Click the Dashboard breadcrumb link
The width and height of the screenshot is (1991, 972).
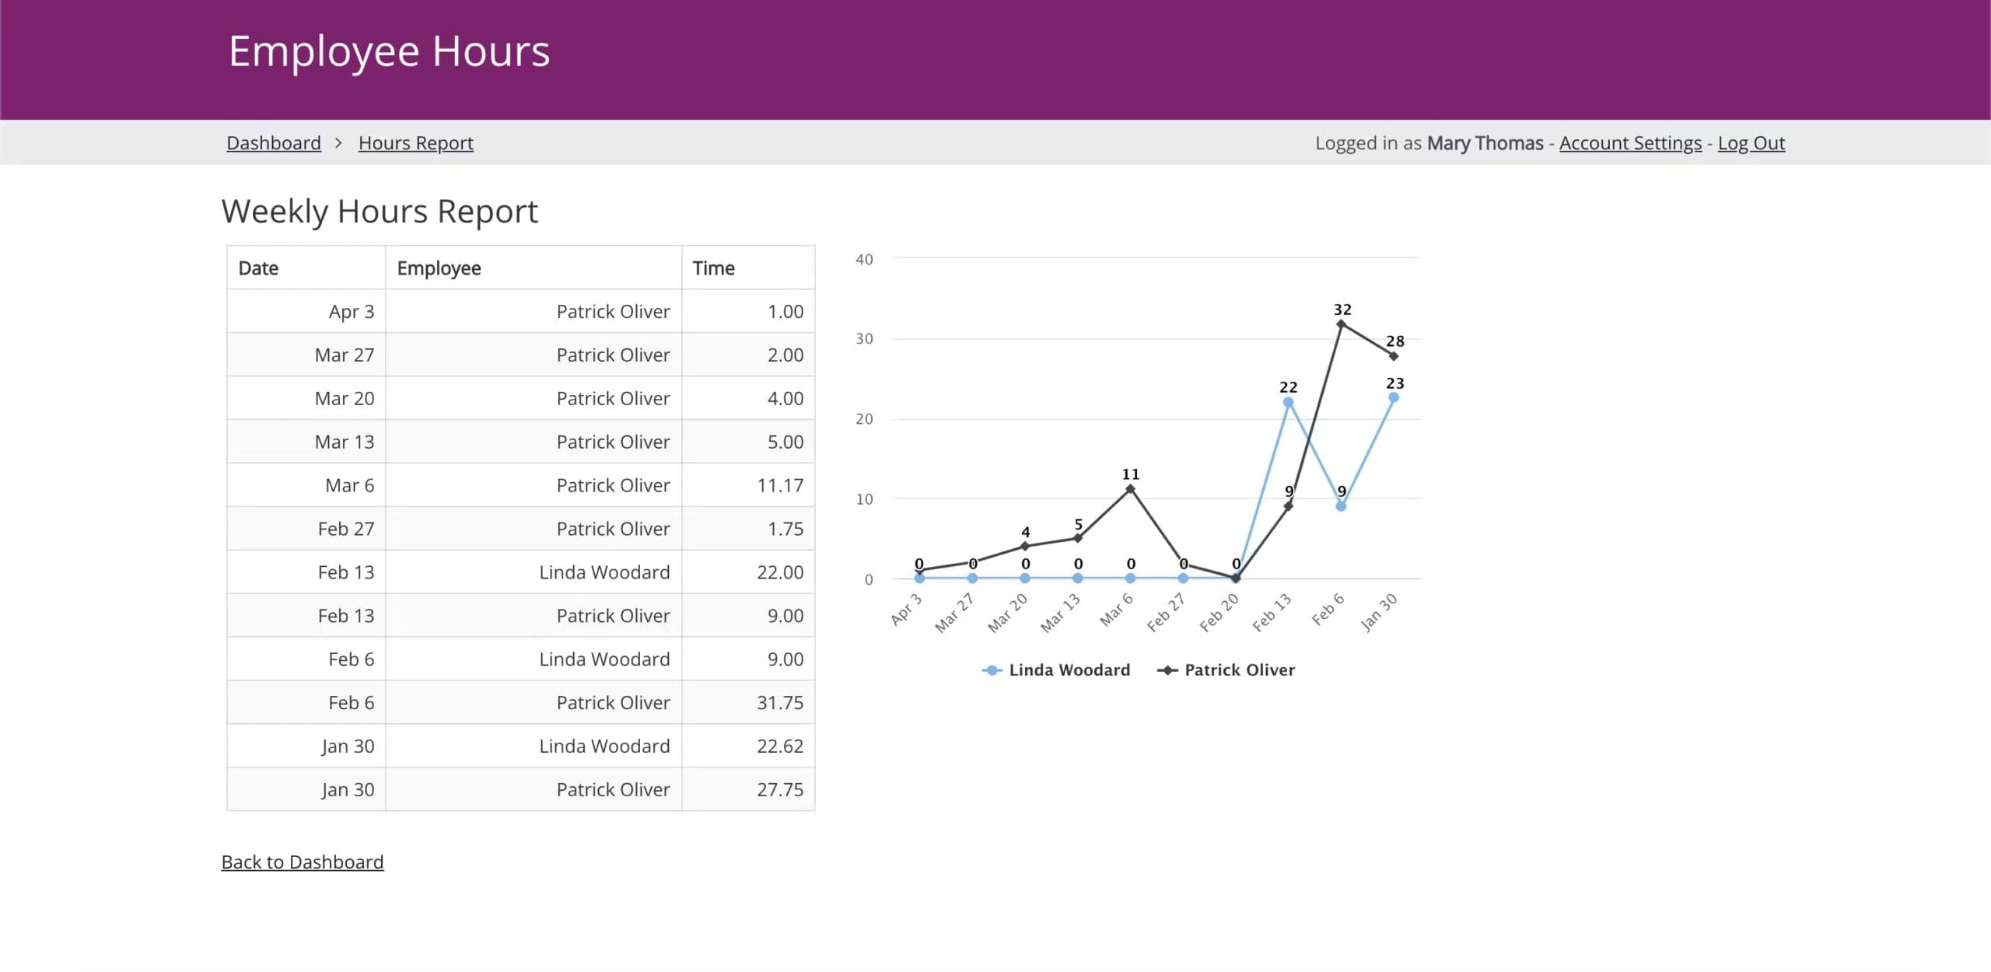(x=273, y=143)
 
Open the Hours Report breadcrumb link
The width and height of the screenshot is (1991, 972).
(x=415, y=143)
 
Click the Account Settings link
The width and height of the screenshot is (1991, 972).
(x=1630, y=143)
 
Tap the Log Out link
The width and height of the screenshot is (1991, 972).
(x=1751, y=143)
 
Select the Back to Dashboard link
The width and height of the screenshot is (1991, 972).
(x=302, y=862)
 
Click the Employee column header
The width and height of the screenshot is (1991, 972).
(x=439, y=268)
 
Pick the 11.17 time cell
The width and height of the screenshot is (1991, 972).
(x=779, y=485)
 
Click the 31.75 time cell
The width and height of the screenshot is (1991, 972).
(x=779, y=702)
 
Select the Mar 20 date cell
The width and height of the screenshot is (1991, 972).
(x=344, y=398)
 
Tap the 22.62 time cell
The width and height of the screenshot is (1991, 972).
(x=779, y=746)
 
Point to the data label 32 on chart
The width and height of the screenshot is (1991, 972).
(x=1342, y=309)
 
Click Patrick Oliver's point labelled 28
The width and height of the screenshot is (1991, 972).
(x=1393, y=356)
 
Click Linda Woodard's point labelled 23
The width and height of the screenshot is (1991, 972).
(x=1393, y=397)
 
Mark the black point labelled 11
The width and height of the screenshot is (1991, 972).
(x=1130, y=489)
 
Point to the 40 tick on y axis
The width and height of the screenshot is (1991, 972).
(x=864, y=260)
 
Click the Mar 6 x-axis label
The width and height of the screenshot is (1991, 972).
(x=1117, y=610)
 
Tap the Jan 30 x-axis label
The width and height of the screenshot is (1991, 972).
(x=1379, y=613)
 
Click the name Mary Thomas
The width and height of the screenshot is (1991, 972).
(x=1484, y=143)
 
